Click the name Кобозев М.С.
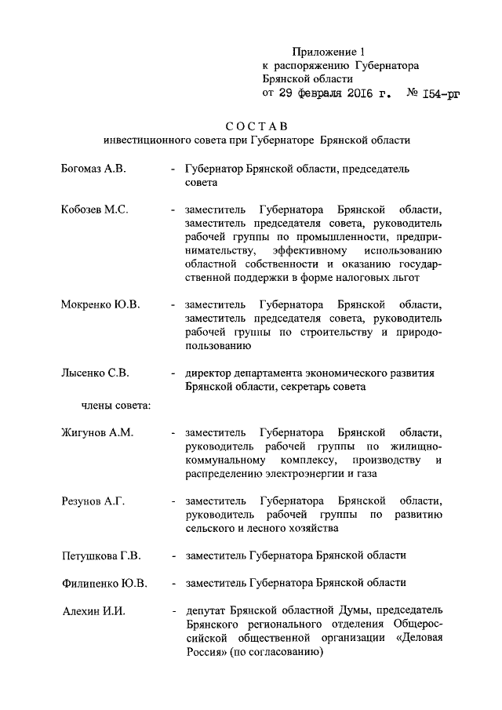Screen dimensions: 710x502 94,209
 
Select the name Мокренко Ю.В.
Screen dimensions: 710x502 100,304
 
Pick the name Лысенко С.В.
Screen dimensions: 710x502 95,373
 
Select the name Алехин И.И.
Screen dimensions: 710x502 93,610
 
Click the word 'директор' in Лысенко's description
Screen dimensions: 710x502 208,373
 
